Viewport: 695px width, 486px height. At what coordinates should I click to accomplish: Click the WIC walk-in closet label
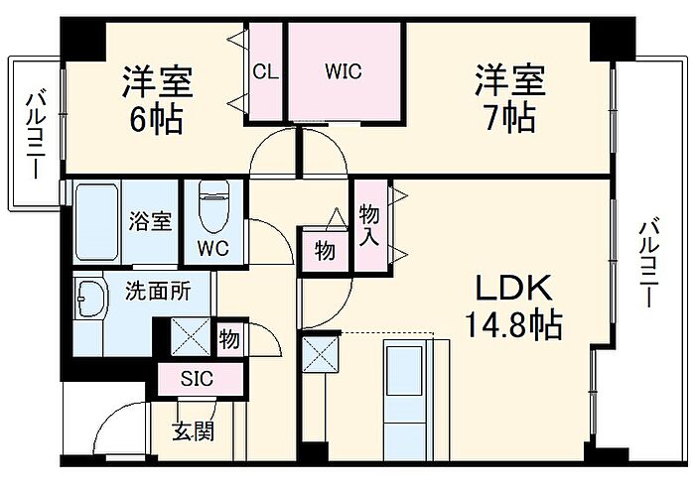pos(345,71)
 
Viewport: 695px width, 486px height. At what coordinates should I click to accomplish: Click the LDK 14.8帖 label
pos(511,305)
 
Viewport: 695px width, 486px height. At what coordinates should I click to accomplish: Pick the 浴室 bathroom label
pos(150,220)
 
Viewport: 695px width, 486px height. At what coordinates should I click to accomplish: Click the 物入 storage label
pos(369,226)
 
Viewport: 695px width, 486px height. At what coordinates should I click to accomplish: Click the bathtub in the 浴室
pos(97,221)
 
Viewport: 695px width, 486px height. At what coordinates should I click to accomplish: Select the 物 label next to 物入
pos(325,251)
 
